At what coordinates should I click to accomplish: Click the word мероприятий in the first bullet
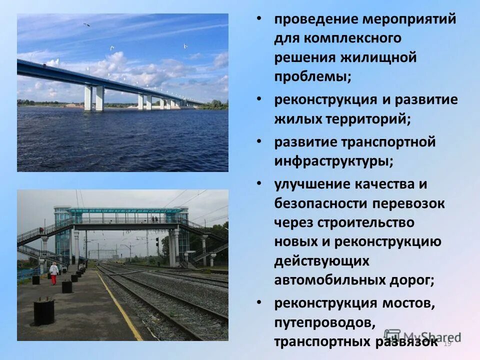409,19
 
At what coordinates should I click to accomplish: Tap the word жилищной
378,57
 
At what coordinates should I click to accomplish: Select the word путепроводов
323,322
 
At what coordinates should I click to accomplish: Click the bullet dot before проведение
258,19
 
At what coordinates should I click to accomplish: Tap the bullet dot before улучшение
258,183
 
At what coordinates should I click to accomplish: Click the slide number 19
447,343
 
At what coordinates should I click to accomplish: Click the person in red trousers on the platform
53,273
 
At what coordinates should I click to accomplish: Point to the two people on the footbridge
154,219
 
